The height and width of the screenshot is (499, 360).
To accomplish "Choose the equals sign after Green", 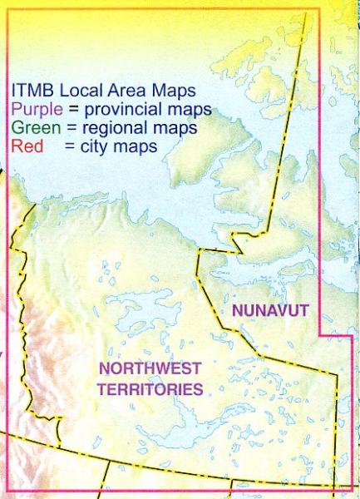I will coord(64,128).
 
